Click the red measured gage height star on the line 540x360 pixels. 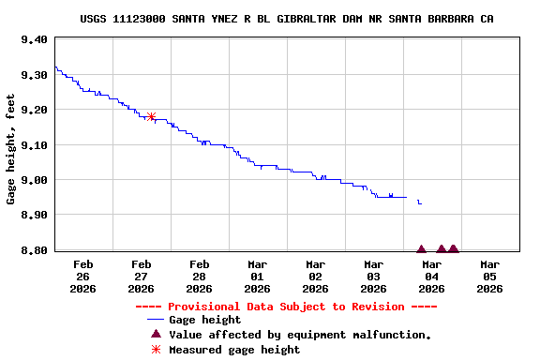pyautogui.click(x=151, y=117)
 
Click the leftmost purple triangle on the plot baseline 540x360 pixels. pyautogui.click(x=422, y=248)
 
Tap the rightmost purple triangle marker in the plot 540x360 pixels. pyautogui.click(x=453, y=248)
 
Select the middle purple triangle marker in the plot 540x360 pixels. pyautogui.click(x=442, y=248)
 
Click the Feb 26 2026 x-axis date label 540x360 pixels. pyautogui.click(x=82, y=277)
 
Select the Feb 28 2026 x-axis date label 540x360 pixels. pyautogui.click(x=199, y=277)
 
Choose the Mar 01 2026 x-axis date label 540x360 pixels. pyautogui.click(x=257, y=277)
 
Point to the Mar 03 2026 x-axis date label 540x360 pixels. pyautogui.click(x=373, y=277)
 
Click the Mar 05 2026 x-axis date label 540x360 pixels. pyautogui.click(x=489, y=277)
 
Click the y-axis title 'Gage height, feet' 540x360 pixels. pyautogui.click(x=11, y=148)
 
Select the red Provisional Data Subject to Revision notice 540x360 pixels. pyautogui.click(x=286, y=307)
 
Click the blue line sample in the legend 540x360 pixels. pyautogui.click(x=150, y=320)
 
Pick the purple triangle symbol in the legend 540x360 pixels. pyautogui.click(x=156, y=334)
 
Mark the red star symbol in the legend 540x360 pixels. pyautogui.click(x=156, y=350)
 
